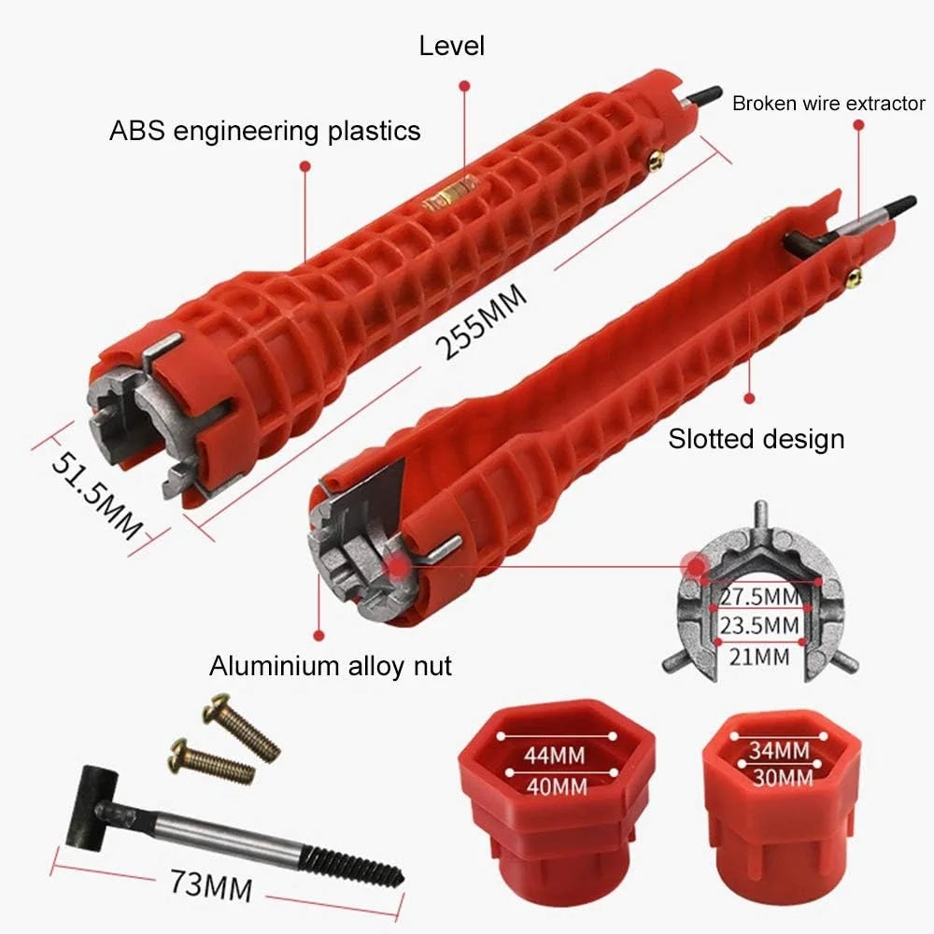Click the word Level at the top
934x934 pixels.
click(x=451, y=46)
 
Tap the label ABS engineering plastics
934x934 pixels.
click(x=265, y=131)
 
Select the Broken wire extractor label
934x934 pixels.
click(x=828, y=104)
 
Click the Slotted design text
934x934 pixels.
click(x=756, y=439)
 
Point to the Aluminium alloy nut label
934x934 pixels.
click(x=331, y=665)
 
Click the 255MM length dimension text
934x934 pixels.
click(x=481, y=320)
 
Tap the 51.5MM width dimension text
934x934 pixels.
click(x=97, y=495)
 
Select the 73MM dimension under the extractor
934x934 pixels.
click(x=211, y=885)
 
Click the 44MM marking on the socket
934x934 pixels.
click(x=555, y=756)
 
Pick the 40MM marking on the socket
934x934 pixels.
click(x=557, y=786)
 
